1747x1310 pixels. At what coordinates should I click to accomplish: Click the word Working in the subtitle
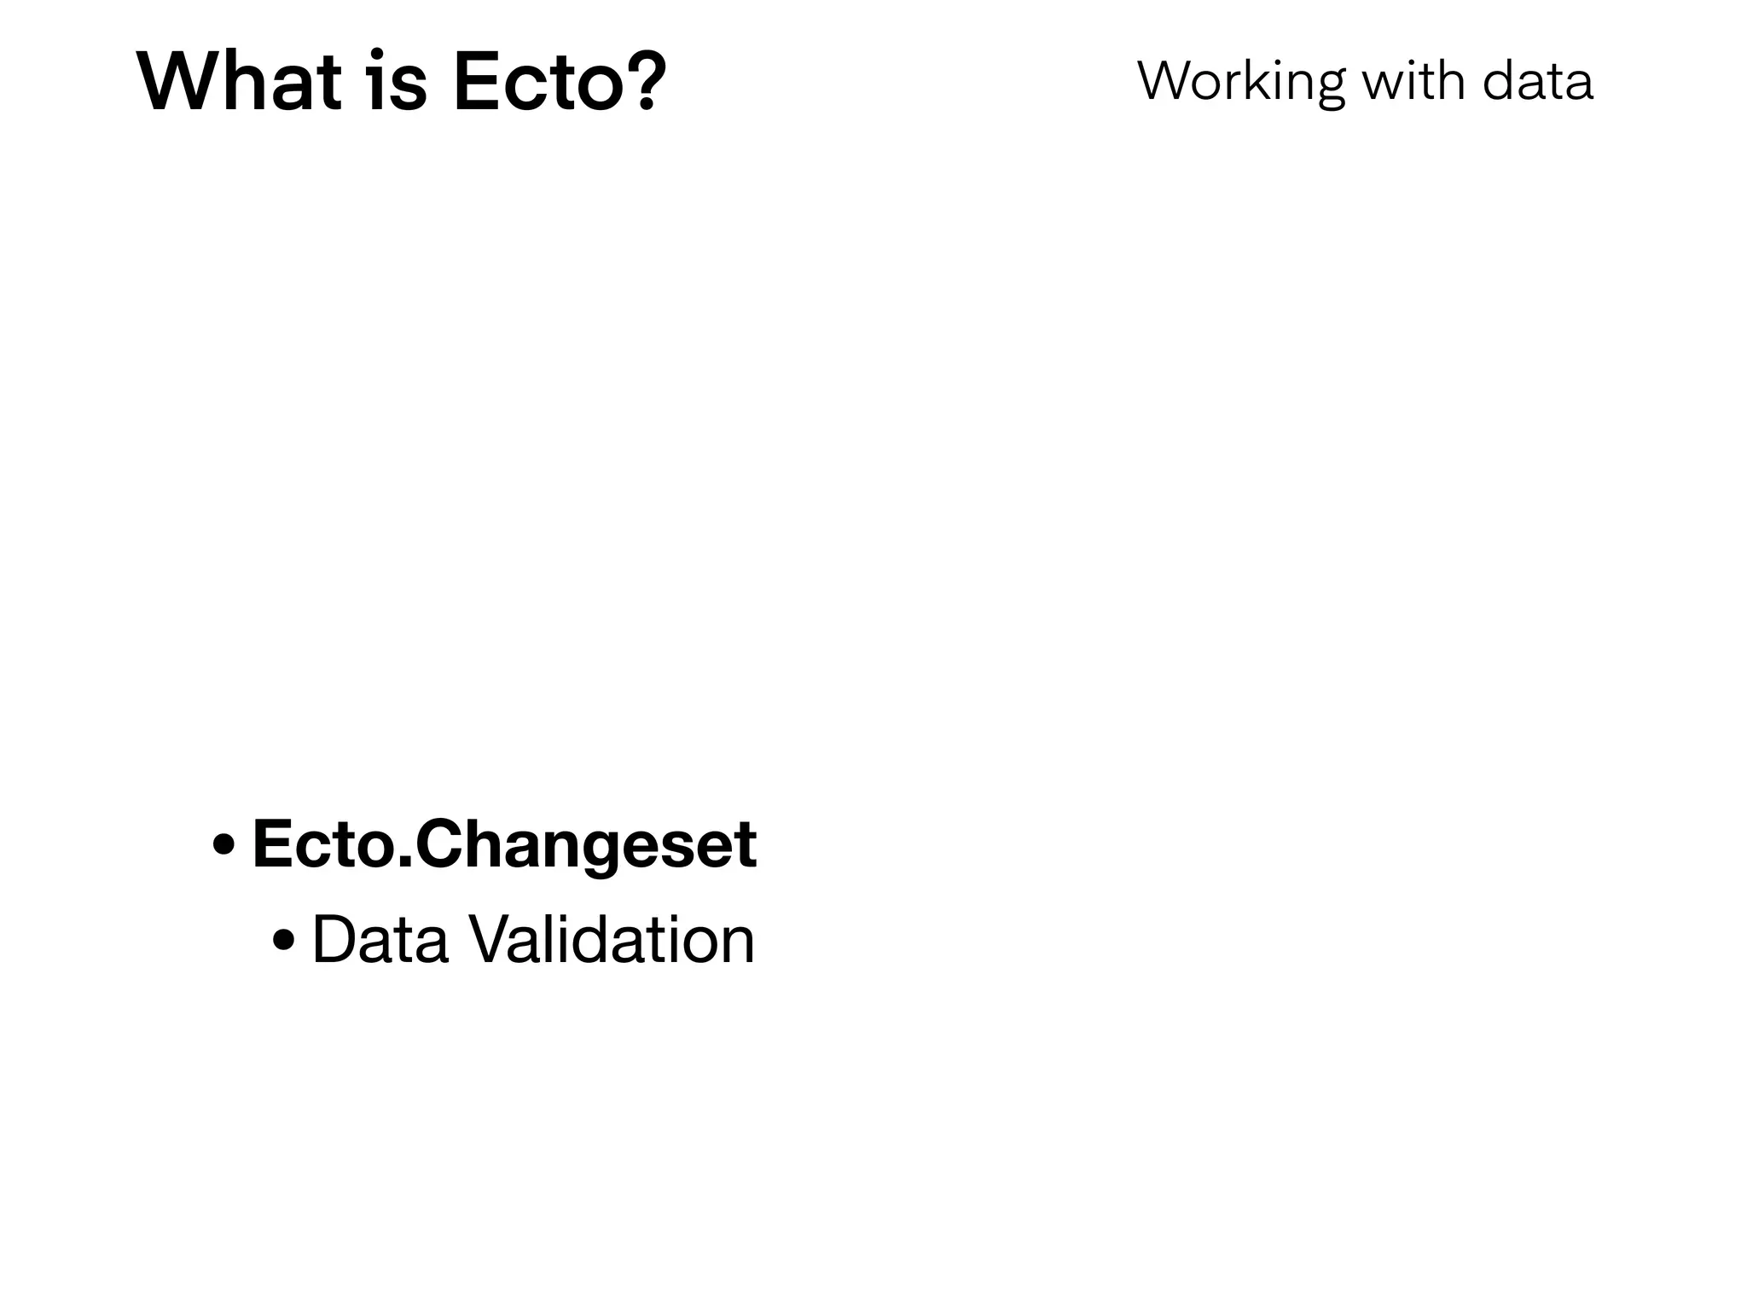coord(1241,83)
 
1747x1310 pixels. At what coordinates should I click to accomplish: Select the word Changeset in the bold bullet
coord(586,846)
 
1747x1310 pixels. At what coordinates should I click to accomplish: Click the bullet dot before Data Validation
coord(283,942)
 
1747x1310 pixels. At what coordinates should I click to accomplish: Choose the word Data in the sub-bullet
coord(380,940)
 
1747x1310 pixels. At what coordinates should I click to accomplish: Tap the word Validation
coord(613,940)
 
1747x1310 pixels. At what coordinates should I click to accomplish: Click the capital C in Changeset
coord(441,844)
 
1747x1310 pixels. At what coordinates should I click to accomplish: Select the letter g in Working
coord(1327,88)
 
